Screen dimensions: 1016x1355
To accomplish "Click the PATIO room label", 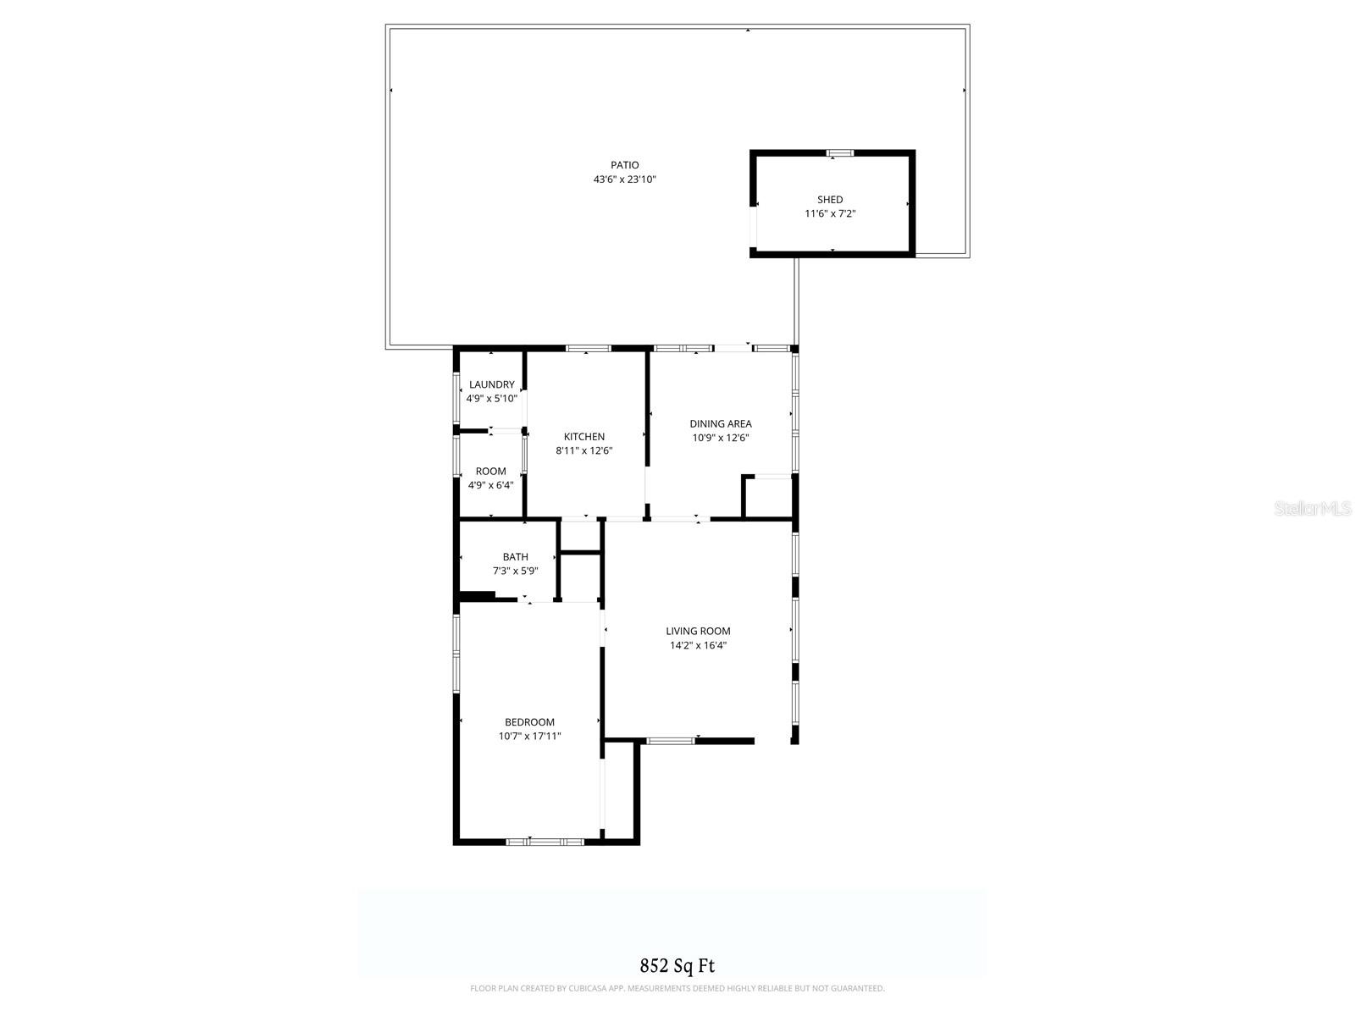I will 625,165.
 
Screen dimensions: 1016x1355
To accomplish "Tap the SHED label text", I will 830,200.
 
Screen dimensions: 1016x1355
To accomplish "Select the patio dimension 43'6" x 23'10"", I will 625,179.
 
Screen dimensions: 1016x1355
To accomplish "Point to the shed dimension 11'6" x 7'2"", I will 830,213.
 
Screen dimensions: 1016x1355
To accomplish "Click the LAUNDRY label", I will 491,384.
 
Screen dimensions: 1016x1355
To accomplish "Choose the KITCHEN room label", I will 584,437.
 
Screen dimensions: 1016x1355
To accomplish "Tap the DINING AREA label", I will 721,424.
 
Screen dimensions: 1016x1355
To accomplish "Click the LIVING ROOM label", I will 698,631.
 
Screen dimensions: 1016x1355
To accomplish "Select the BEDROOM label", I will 529,722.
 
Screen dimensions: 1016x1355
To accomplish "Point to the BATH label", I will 516,557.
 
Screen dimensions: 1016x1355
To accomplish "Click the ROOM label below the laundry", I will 491,472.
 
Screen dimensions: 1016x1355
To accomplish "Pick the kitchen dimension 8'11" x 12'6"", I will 584,450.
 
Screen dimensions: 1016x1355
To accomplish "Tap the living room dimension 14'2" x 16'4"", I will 698,645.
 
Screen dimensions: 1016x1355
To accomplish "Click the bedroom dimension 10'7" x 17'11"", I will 529,737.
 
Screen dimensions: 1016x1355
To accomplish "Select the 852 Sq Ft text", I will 677,965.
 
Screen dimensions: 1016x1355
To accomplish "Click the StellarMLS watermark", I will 1313,509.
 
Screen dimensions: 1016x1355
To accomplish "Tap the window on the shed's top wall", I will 839,153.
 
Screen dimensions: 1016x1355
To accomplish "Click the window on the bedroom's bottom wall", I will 545,842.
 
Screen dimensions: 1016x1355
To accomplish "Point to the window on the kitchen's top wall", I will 588,348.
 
